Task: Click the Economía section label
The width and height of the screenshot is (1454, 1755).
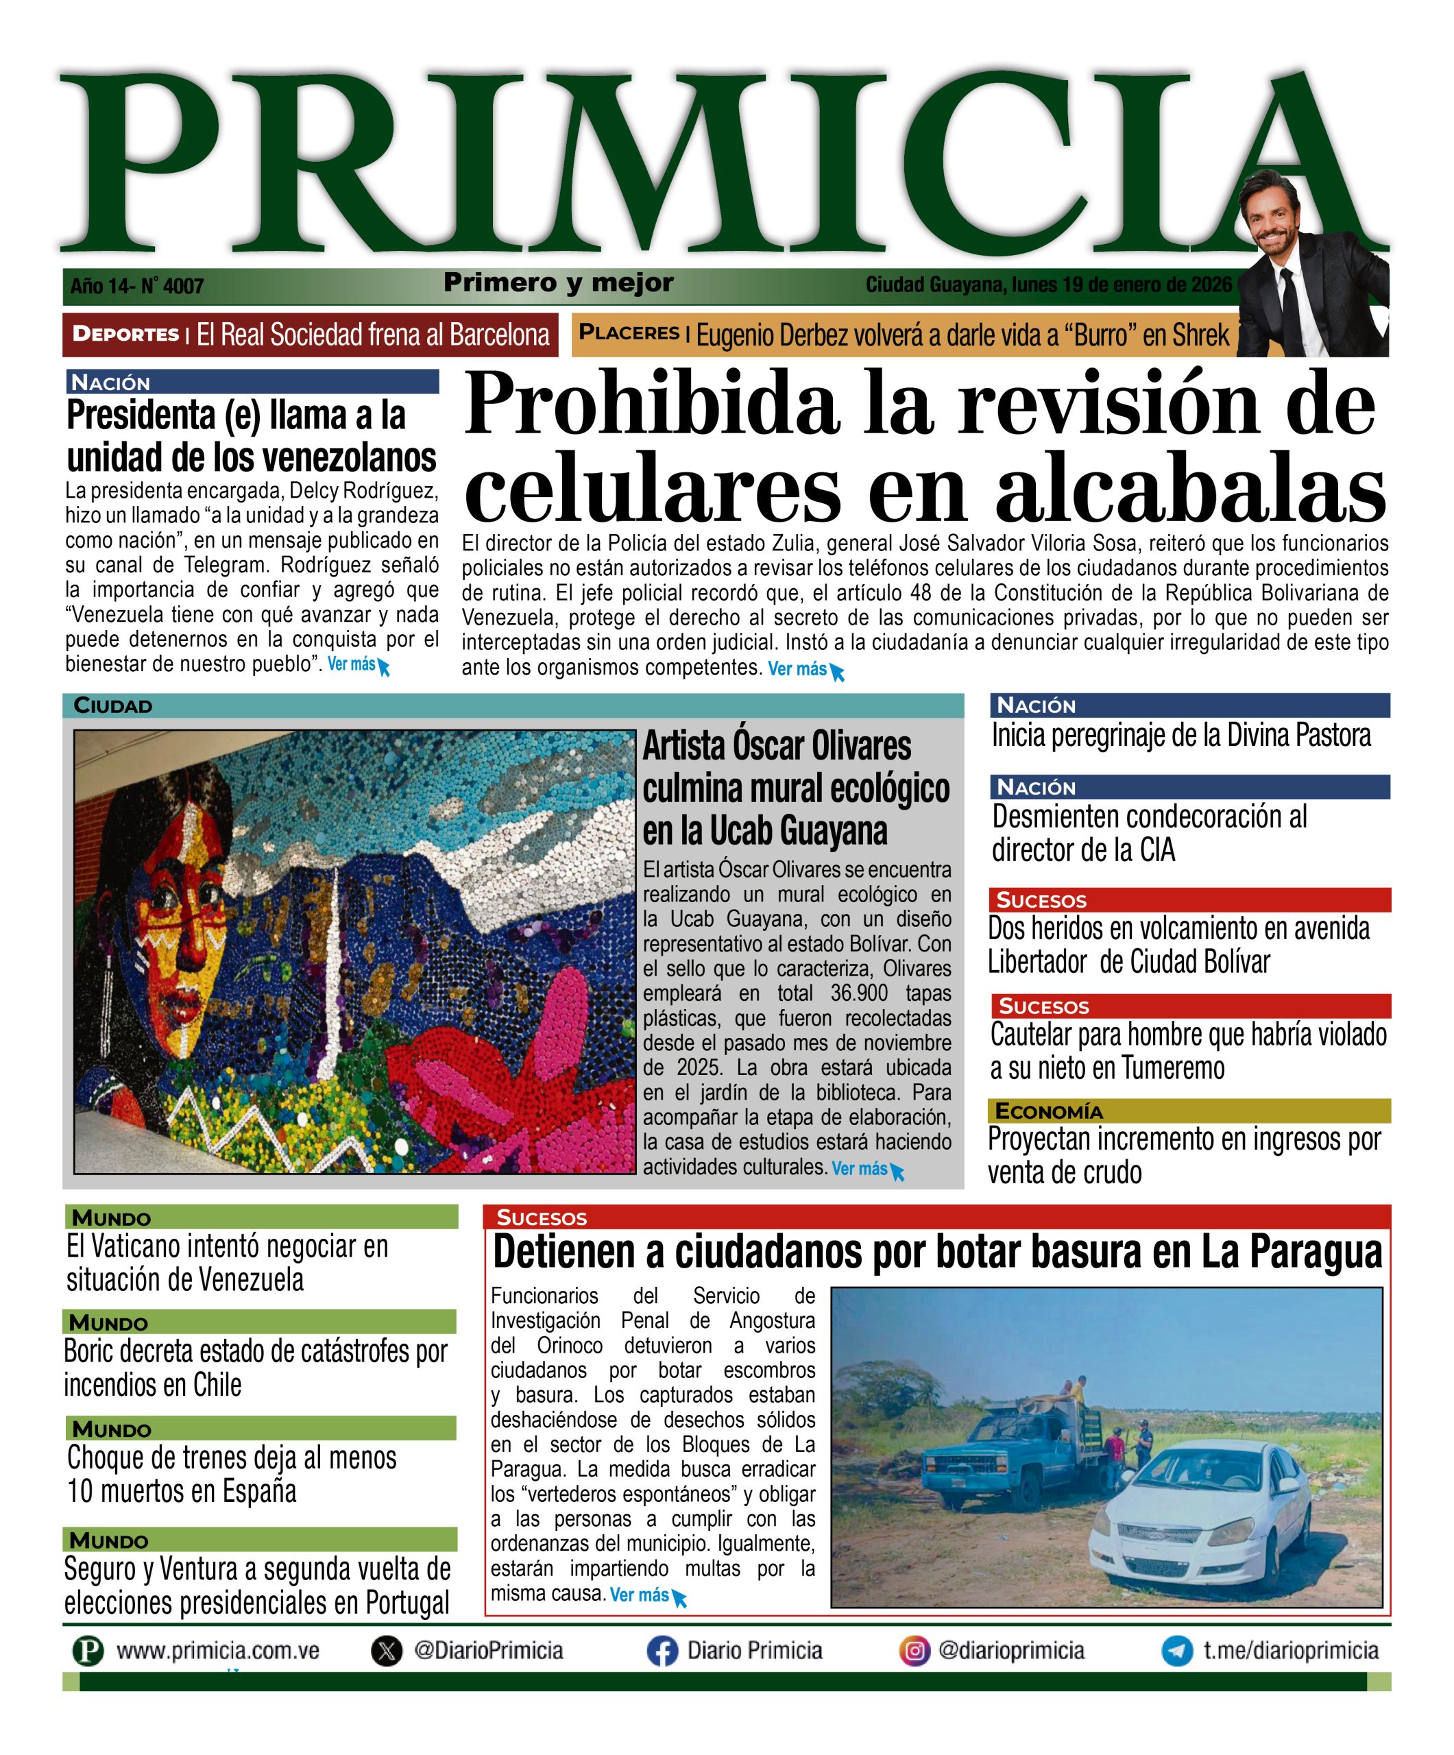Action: point(1050,1111)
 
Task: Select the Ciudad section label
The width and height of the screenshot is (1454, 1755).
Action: point(113,706)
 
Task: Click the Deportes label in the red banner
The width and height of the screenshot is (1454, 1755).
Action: point(126,335)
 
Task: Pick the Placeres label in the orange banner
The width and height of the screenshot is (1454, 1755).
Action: point(629,332)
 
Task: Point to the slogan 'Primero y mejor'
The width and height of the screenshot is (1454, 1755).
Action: point(558,282)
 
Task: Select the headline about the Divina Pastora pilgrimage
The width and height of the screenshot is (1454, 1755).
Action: point(1180,736)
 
